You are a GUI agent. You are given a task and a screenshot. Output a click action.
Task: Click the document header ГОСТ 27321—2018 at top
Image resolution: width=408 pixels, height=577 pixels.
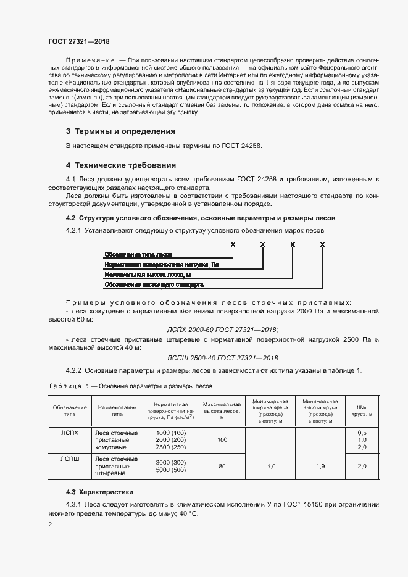click(78, 41)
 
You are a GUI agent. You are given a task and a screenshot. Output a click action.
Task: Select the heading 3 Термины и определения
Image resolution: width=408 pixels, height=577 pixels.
click(120, 131)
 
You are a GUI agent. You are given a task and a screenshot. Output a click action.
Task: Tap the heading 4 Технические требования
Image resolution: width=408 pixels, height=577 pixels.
click(121, 165)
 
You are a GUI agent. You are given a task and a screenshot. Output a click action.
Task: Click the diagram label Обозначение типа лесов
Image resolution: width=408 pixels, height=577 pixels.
click(138, 254)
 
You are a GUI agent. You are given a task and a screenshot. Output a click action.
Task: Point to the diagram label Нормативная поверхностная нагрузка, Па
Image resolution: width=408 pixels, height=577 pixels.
click(162, 264)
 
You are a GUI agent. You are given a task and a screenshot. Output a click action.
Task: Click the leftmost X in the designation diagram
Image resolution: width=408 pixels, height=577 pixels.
click(233, 244)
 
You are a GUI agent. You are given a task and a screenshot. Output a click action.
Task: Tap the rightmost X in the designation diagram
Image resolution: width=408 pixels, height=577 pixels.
click(322, 244)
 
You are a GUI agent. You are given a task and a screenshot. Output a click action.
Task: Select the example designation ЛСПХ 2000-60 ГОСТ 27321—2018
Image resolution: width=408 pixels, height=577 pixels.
click(223, 330)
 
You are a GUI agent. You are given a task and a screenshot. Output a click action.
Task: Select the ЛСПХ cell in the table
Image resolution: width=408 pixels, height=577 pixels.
click(69, 433)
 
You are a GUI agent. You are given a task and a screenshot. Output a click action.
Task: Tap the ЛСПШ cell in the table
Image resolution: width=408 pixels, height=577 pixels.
click(69, 459)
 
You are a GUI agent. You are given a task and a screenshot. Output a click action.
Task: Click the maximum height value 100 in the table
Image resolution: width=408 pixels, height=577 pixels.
click(222, 439)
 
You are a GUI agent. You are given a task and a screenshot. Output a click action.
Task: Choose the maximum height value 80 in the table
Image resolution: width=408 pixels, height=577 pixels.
click(222, 466)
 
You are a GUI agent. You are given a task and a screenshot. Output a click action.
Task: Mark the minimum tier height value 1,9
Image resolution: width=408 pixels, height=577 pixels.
click(320, 466)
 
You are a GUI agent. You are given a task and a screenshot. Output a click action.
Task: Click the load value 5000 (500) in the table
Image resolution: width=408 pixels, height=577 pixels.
click(171, 470)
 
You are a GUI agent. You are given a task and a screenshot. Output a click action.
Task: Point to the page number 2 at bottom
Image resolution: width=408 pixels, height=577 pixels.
click(50, 524)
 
